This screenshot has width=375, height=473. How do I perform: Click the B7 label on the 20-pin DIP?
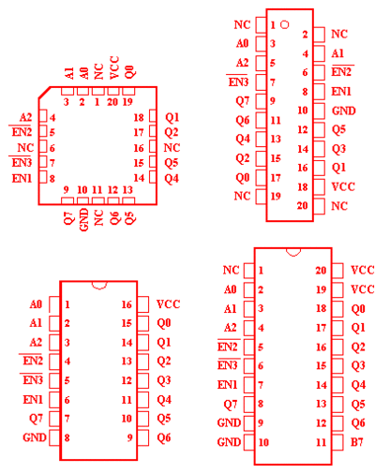point(356,442)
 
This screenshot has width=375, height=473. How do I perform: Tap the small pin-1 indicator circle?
point(285,24)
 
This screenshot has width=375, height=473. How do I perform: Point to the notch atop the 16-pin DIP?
point(99,285)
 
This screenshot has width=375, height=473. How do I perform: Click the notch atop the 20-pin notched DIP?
point(293,252)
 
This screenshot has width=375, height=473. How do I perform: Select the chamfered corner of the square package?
point(44,93)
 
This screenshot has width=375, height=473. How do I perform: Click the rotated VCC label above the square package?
point(114,67)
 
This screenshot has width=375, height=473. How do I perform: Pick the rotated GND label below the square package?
point(84,220)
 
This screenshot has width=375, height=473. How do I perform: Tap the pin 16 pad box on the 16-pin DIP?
point(142,304)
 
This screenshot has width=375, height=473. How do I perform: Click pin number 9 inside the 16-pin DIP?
point(129,437)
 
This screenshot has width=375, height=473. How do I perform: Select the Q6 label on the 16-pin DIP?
point(164,437)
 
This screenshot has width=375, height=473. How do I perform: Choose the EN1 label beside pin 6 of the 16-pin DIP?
point(32,400)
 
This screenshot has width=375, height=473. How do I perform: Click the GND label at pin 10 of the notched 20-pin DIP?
point(229,442)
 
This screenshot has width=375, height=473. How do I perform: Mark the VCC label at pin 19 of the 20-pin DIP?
point(363,289)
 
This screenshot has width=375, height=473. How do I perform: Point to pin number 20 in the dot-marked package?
point(303,206)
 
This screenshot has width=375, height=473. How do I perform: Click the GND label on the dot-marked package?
point(344,111)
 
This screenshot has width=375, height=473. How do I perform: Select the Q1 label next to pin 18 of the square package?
point(172,117)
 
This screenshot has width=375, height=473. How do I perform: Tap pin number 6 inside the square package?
point(52,148)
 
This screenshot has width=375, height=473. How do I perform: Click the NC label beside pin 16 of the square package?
point(172,148)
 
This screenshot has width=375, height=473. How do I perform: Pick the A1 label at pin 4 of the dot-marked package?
point(337,53)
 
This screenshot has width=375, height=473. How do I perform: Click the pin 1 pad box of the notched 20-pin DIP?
point(249,271)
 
